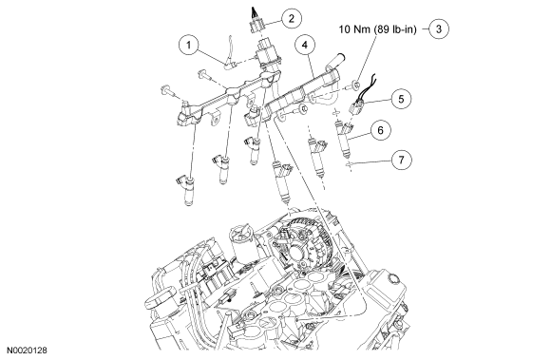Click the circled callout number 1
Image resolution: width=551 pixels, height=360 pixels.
[x=189, y=45]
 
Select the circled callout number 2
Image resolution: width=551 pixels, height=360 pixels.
[x=292, y=18]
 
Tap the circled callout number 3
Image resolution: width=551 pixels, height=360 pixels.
[x=439, y=28]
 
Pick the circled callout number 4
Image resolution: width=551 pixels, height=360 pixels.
[x=305, y=45]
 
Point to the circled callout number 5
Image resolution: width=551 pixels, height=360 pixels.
[x=401, y=99]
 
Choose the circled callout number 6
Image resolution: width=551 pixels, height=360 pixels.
[x=381, y=130]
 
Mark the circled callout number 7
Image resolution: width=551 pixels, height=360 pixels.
[x=401, y=160]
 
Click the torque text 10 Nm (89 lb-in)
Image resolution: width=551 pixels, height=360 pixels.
[x=377, y=29]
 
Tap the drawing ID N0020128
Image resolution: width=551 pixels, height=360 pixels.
[x=28, y=351]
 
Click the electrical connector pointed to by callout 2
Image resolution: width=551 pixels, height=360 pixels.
[x=256, y=26]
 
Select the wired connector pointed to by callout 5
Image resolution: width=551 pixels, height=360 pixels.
[x=356, y=105]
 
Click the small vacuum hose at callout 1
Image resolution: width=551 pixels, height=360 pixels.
[x=230, y=58]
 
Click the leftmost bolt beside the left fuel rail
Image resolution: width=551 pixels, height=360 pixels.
[x=167, y=90]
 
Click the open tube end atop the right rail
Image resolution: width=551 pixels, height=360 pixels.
[x=340, y=56]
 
